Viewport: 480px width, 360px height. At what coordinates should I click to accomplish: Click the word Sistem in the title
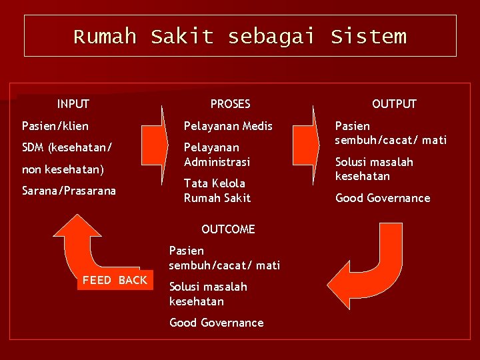pos(368,36)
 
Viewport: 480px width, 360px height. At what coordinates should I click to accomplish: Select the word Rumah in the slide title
pos(105,36)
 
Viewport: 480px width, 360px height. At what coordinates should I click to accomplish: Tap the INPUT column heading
pos(73,104)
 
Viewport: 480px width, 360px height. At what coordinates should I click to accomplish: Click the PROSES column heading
pos(230,104)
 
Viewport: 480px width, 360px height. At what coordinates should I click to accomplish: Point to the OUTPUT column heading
pos(394,104)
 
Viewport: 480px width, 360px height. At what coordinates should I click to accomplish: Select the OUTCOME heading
pos(228,229)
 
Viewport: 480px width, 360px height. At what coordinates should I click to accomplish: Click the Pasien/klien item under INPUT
pos(55,126)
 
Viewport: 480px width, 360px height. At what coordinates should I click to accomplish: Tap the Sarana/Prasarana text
pos(69,191)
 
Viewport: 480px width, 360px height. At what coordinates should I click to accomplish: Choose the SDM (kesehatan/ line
pos(67,147)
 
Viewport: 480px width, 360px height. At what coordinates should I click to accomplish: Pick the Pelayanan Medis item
pos(228,126)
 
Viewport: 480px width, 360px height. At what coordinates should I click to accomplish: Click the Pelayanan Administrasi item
pos(217,155)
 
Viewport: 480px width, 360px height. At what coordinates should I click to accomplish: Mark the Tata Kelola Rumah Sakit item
pos(217,191)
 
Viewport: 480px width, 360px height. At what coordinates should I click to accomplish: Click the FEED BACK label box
pos(115,280)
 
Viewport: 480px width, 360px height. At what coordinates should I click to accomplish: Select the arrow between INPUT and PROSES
pos(153,143)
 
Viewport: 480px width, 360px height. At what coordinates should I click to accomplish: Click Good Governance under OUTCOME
pos(217,323)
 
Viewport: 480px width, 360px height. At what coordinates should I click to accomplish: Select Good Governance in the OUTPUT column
pos(383,198)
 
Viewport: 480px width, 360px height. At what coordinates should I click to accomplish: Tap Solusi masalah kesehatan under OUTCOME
pos(208,294)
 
